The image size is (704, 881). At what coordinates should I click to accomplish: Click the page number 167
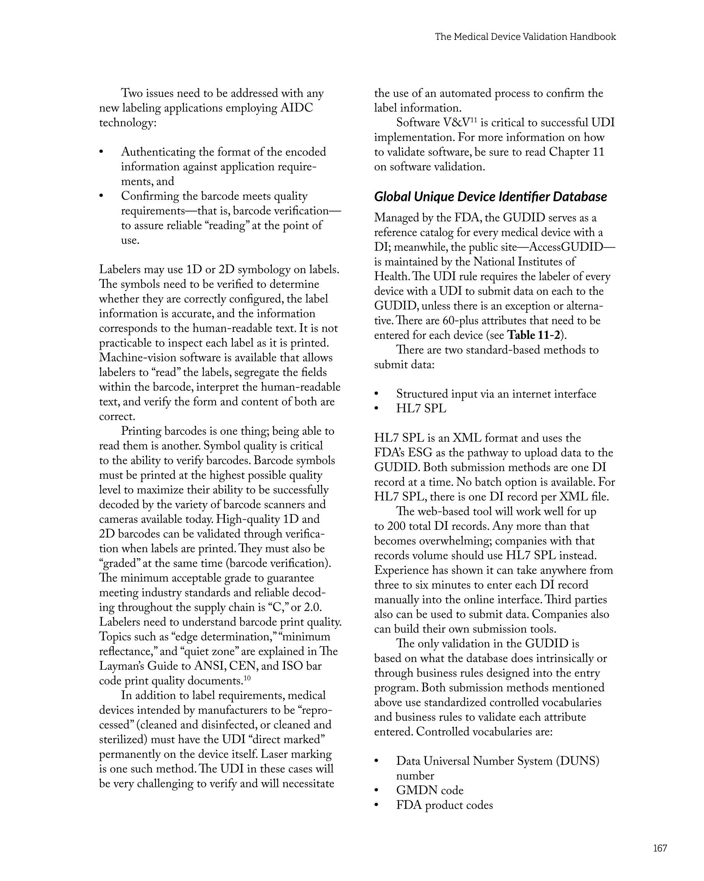click(660, 848)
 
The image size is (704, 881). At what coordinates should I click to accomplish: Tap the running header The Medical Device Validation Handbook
click(525, 37)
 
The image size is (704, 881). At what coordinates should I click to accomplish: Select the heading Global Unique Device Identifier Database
click(490, 197)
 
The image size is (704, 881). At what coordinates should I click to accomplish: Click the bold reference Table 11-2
click(533, 335)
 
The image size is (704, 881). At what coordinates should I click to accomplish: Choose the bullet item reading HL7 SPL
click(421, 409)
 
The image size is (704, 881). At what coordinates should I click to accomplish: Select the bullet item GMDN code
click(430, 790)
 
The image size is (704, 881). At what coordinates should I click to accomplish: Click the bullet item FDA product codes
click(444, 805)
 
